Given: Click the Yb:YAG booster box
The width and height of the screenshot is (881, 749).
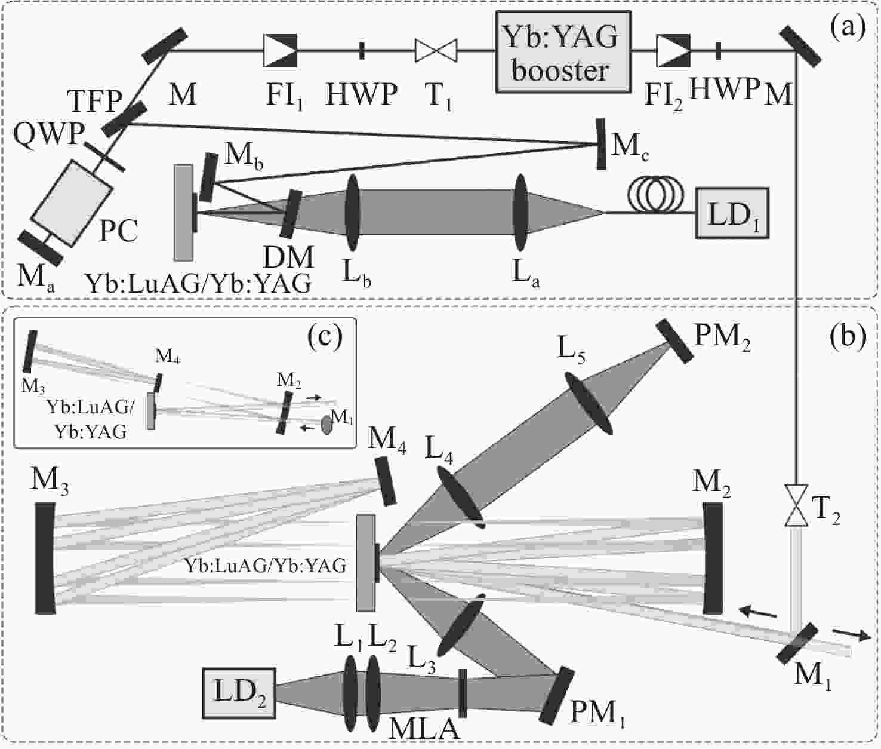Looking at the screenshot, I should tap(563, 51).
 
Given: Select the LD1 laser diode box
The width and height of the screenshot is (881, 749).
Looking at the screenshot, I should tap(731, 213).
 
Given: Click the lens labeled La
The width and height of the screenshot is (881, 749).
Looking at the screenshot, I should tap(521, 213).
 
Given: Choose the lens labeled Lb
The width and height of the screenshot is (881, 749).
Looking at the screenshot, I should tap(352, 213).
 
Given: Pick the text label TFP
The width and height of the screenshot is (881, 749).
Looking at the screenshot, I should tap(94, 102).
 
